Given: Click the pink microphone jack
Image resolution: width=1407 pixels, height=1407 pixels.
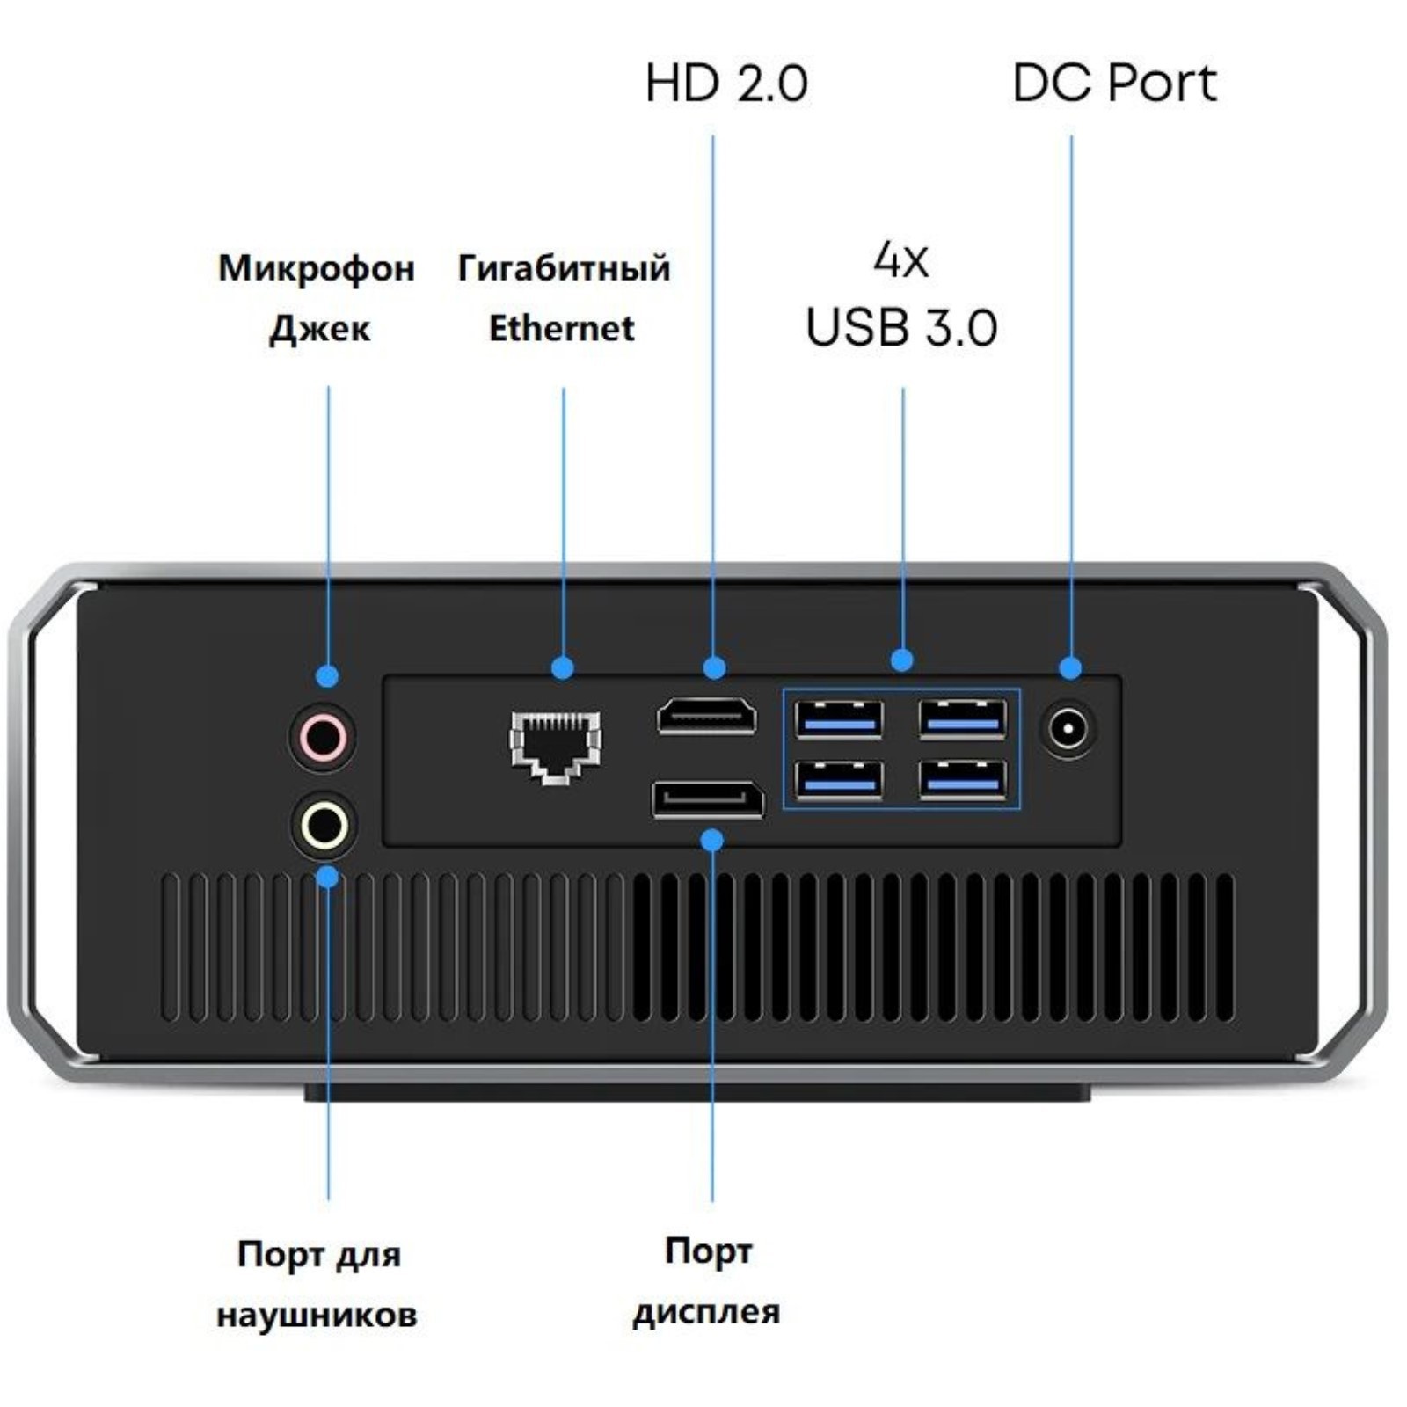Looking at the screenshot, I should [x=323, y=735].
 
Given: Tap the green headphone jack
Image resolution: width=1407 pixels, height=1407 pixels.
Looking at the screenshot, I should [x=324, y=826].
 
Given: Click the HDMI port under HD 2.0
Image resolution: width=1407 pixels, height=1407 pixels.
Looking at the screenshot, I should [x=706, y=715].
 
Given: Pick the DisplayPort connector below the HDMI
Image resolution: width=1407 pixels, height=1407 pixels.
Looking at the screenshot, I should [x=708, y=799].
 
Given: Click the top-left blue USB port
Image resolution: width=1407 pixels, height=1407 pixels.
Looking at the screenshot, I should [x=839, y=719].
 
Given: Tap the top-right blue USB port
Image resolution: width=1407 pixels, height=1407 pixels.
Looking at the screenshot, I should [x=963, y=718].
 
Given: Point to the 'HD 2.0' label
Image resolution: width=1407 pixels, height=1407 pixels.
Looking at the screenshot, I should [x=725, y=84].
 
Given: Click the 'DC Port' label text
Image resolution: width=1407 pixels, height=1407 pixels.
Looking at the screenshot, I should [x=1114, y=84].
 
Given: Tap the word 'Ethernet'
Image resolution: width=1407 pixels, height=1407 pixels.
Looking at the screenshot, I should [x=561, y=329].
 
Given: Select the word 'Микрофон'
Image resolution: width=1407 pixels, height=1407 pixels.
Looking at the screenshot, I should [x=317, y=268].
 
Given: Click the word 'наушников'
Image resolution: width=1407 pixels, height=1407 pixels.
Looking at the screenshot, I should [x=317, y=1316].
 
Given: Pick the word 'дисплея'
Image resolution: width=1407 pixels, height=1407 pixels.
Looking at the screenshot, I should [x=706, y=1312].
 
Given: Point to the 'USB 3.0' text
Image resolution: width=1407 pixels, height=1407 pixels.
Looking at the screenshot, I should [x=901, y=327].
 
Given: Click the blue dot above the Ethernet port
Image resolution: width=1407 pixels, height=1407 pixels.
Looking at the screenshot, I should [x=563, y=667].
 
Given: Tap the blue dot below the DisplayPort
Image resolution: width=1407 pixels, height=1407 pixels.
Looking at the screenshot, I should [x=712, y=841].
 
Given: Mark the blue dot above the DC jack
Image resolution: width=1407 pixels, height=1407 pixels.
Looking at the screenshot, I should [x=1070, y=667].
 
